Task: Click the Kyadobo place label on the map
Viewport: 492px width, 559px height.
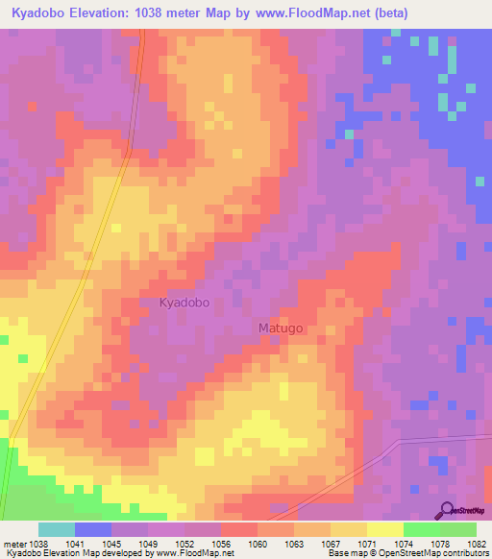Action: pos(184,303)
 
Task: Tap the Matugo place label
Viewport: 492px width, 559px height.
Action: pos(281,328)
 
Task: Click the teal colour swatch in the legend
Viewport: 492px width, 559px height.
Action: pos(57,529)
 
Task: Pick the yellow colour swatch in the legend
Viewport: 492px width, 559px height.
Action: pos(384,529)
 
